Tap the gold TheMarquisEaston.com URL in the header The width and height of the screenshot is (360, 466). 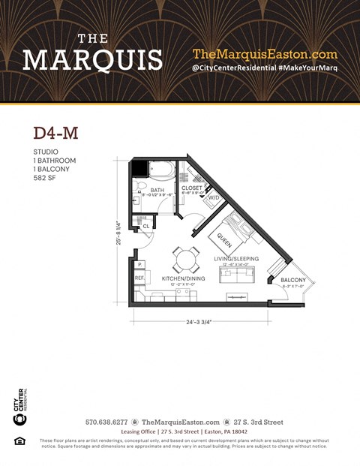point(265,54)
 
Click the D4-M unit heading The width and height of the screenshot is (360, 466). point(55,133)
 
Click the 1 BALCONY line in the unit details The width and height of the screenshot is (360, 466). point(52,170)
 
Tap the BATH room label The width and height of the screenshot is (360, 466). point(157,191)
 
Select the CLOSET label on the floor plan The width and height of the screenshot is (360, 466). point(193,189)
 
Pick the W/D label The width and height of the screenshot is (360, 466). point(214,198)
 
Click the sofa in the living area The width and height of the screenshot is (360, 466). point(236,275)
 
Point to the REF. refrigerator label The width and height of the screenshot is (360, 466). point(139,278)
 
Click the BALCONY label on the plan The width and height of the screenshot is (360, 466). point(292,281)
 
